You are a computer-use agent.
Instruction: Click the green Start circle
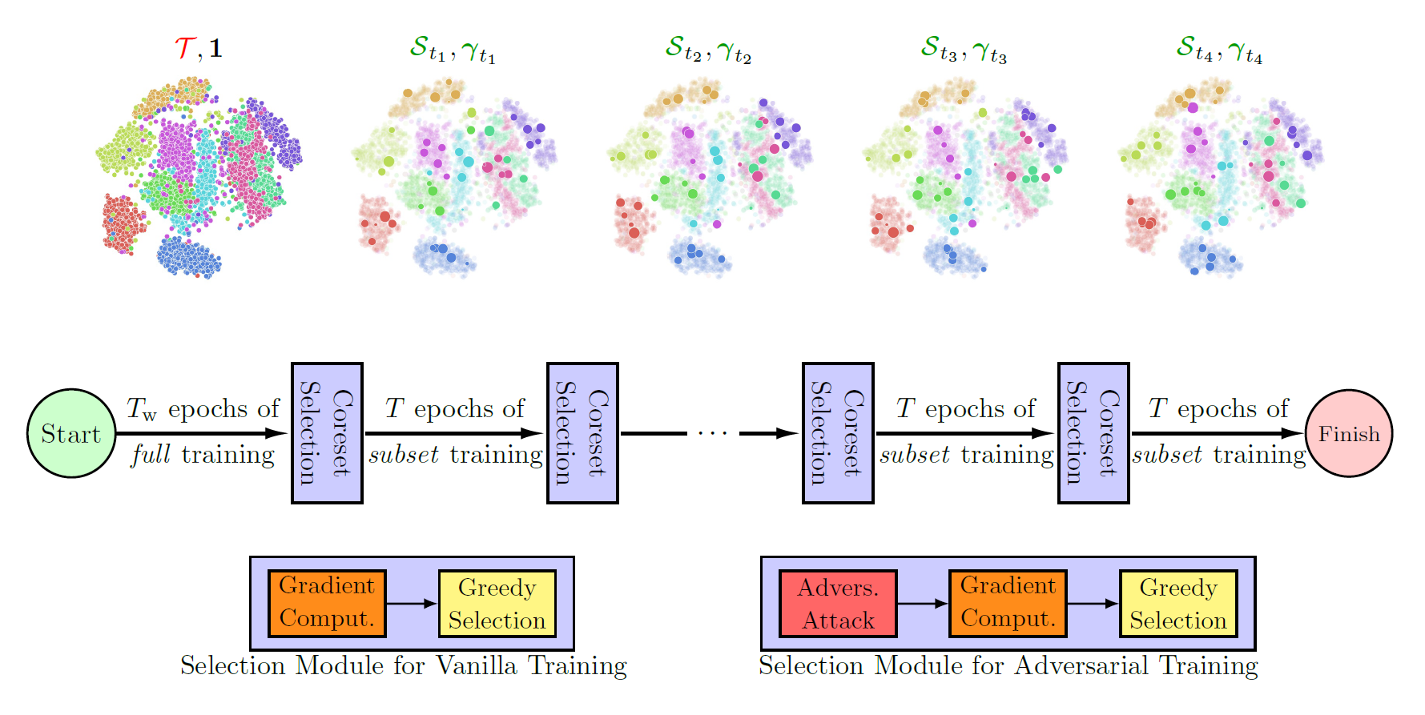pos(71,433)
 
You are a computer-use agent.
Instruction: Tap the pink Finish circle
pos(1349,433)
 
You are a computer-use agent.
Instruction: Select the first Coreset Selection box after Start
pos(327,433)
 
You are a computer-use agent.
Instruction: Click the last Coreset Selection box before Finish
pos(1093,433)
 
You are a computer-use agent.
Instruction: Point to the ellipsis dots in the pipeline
pos(712,434)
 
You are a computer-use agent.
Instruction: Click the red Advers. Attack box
pos(838,604)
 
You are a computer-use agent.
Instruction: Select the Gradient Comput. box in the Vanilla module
pos(327,604)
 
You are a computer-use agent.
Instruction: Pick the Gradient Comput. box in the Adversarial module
pos(1008,604)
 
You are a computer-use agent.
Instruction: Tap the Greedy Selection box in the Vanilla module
pos(497,604)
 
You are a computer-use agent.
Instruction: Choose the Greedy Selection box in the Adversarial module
pos(1178,604)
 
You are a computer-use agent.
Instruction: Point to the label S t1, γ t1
pos(453,50)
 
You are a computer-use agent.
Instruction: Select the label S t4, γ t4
pos(1219,50)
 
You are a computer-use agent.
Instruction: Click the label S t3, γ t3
pos(964,50)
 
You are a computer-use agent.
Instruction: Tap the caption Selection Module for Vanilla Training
pos(403,666)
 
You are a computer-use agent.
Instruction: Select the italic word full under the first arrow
pos(151,455)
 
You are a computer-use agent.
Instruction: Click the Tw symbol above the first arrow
pos(142,409)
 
